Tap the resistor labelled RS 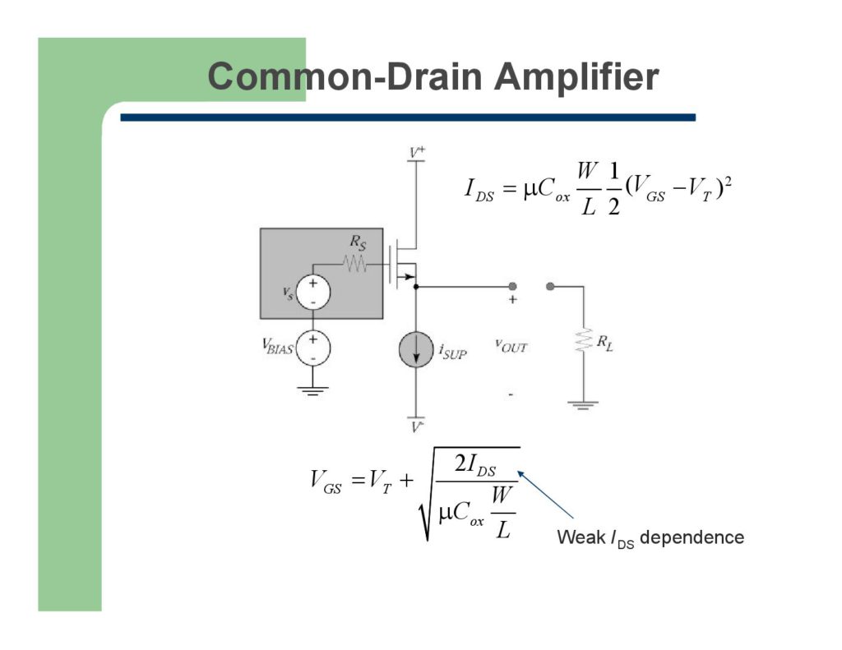click(355, 264)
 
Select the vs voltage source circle click(312, 292)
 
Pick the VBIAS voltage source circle click(312, 347)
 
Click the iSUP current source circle click(416, 351)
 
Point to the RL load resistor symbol click(583, 340)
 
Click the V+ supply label click(417, 152)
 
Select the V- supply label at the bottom click(418, 426)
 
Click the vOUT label click(511, 347)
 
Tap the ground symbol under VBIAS click(312, 390)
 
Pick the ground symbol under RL click(583, 404)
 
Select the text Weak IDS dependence click(650, 538)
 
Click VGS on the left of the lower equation click(326, 482)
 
